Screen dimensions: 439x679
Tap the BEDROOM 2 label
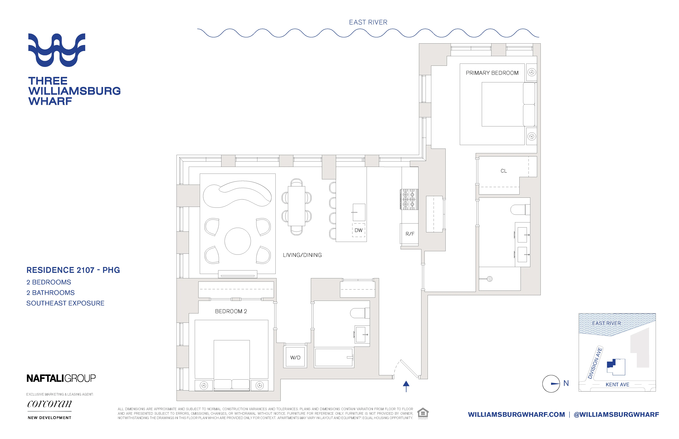[x=231, y=311]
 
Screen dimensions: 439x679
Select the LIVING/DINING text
[x=302, y=255]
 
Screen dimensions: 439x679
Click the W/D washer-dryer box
[x=295, y=357]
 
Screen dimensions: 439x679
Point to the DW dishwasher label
[x=358, y=230]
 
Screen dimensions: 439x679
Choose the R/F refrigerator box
[x=410, y=234]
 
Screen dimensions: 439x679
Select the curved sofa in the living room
[x=237, y=194]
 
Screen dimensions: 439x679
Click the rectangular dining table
[x=296, y=206]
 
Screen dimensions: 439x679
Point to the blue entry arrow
[x=406, y=386]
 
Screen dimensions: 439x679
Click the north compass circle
[x=551, y=384]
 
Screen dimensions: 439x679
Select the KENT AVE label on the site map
[x=617, y=385]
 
